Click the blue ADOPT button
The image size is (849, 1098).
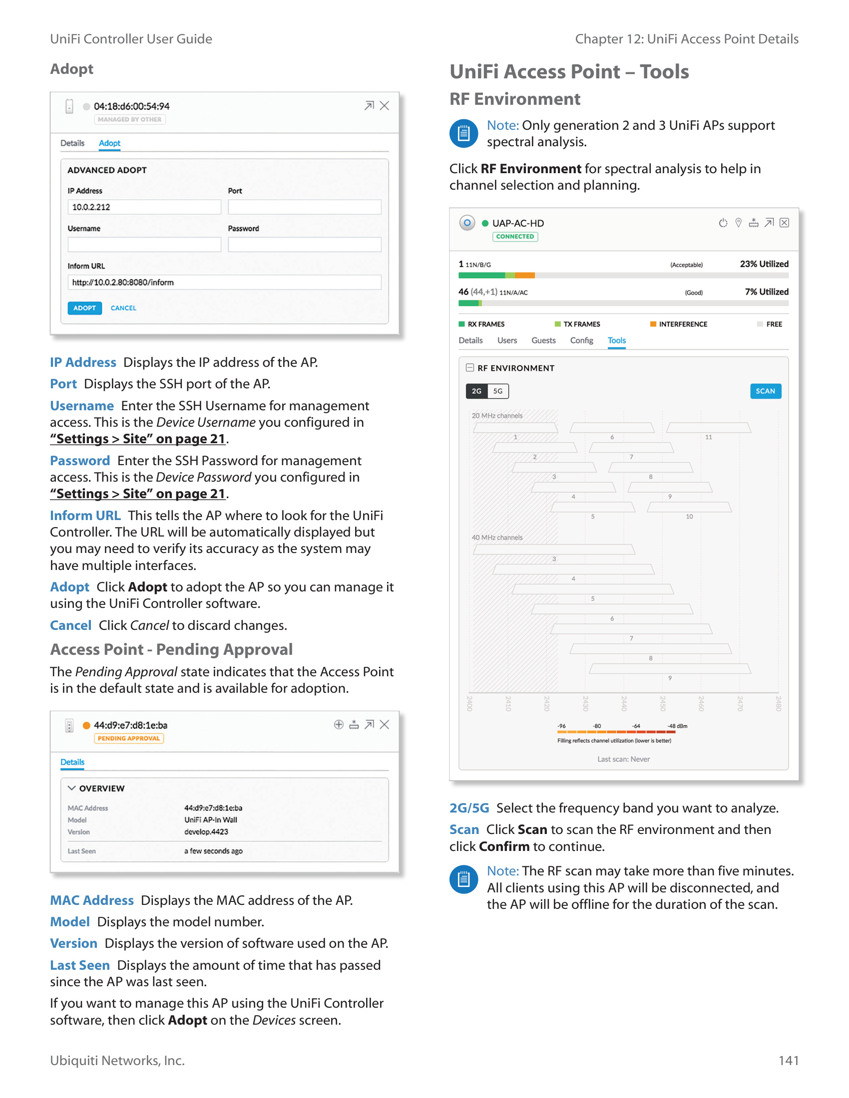point(84,307)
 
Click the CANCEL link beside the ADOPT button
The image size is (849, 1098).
point(123,307)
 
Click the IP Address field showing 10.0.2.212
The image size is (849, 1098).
point(144,207)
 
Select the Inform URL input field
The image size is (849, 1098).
point(224,282)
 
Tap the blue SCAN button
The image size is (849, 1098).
point(765,391)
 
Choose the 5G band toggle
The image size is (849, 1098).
point(498,391)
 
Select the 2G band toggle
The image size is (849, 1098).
point(476,391)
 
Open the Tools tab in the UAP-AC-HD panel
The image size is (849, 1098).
point(617,340)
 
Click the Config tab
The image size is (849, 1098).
point(581,340)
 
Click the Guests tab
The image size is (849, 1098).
point(543,340)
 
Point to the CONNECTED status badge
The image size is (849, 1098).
point(515,237)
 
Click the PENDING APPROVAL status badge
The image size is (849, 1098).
point(128,739)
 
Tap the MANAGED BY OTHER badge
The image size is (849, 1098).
point(129,120)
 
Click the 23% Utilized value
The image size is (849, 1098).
point(764,264)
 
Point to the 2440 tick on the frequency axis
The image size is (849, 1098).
point(624,703)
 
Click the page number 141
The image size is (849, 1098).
point(788,1060)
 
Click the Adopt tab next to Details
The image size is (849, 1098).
point(110,143)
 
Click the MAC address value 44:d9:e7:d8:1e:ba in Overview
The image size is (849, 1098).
point(213,808)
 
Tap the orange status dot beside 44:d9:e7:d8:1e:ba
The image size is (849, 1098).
point(86,725)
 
